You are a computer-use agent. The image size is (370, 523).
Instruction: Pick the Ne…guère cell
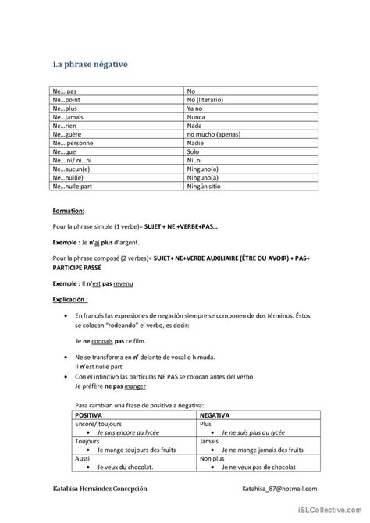66,134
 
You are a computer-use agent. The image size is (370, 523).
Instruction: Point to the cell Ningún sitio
205,186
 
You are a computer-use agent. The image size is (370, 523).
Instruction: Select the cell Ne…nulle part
72,186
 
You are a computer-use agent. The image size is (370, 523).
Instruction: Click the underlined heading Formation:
68,211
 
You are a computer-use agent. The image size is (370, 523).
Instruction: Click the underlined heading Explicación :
71,298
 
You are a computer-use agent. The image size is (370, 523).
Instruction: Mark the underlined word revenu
122,284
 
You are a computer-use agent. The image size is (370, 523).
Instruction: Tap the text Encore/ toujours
94,424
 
